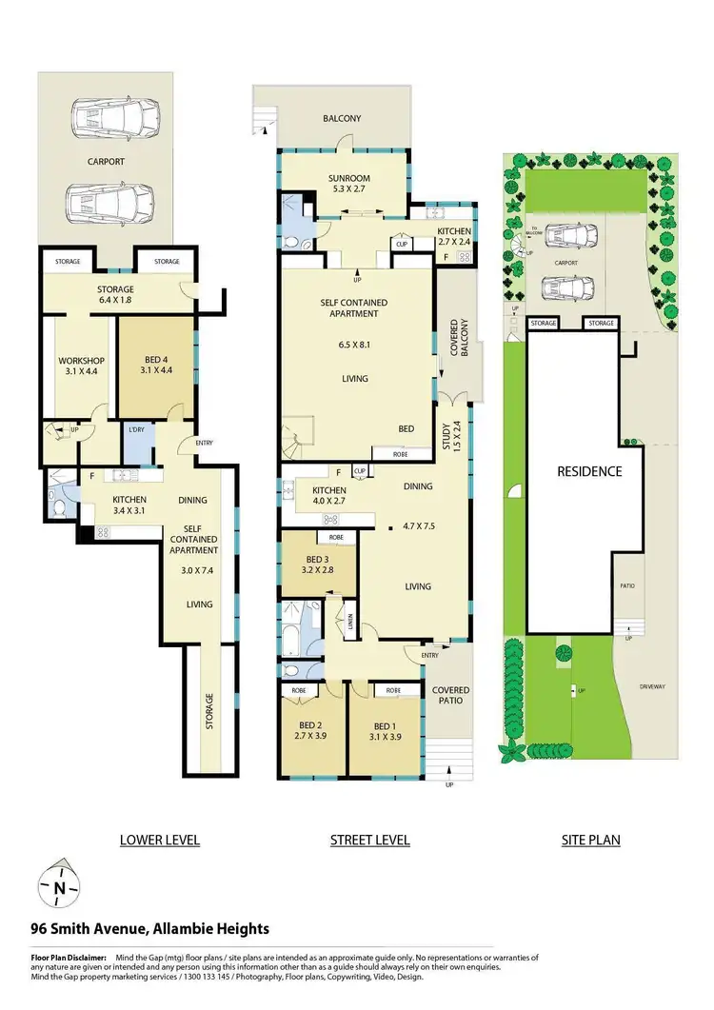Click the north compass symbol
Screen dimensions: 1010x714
[59, 888]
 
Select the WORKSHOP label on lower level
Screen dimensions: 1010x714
[80, 366]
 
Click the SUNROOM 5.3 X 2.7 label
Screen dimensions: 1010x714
[348, 183]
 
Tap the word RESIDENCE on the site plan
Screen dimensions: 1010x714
[589, 471]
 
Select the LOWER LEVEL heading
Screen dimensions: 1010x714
[159, 840]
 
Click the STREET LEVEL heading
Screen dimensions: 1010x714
[369, 840]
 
